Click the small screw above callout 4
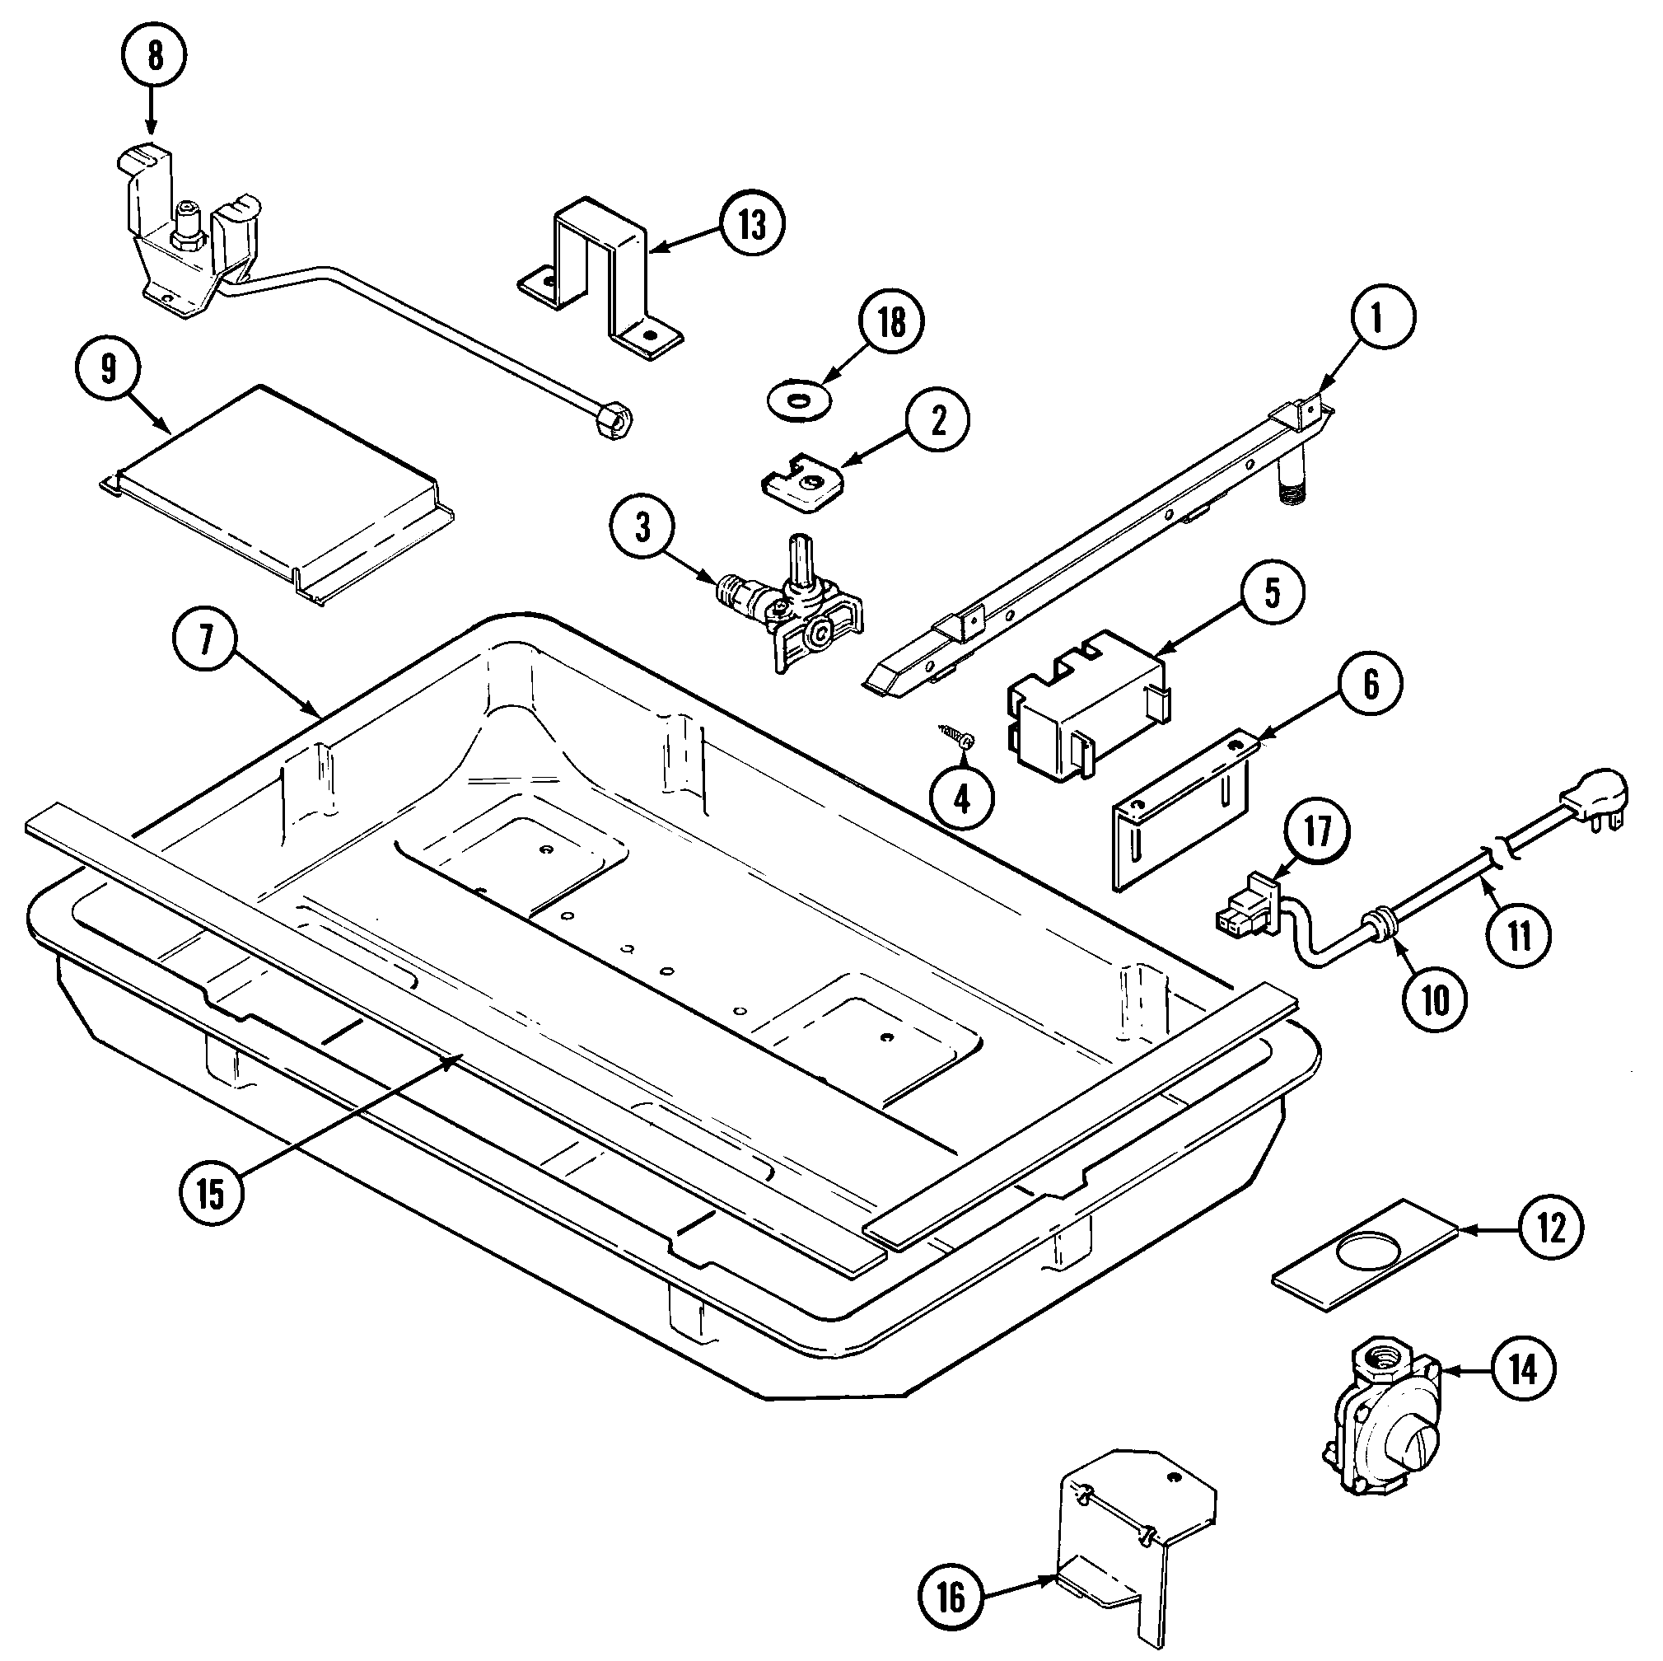(x=955, y=734)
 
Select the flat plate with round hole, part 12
(x=1363, y=1255)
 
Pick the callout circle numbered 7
(x=206, y=645)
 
